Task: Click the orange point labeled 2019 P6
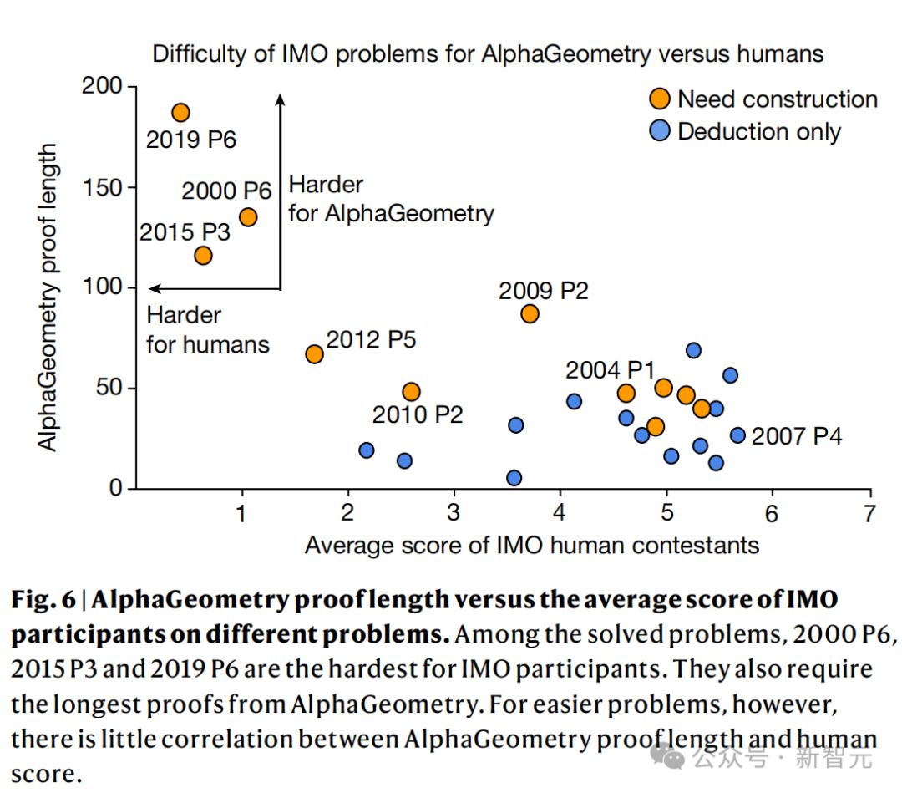coord(180,113)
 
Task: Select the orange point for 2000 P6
coord(248,217)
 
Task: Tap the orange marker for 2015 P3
coord(203,256)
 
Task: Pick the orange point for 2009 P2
coord(530,314)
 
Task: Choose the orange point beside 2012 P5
coord(314,354)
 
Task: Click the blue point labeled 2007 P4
coord(737,435)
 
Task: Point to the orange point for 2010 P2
coord(411,392)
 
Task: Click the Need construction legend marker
coord(660,99)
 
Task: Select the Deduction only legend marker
coord(660,131)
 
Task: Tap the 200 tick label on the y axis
coord(102,87)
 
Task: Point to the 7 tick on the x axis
coord(869,513)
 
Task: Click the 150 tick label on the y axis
coord(102,187)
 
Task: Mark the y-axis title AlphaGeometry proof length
coord(50,297)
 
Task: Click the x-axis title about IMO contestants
coord(532,546)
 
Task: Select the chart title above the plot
coord(488,55)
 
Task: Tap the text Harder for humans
coord(207,330)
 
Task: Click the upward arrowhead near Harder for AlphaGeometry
coord(281,99)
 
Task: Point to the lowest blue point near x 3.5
coord(514,478)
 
